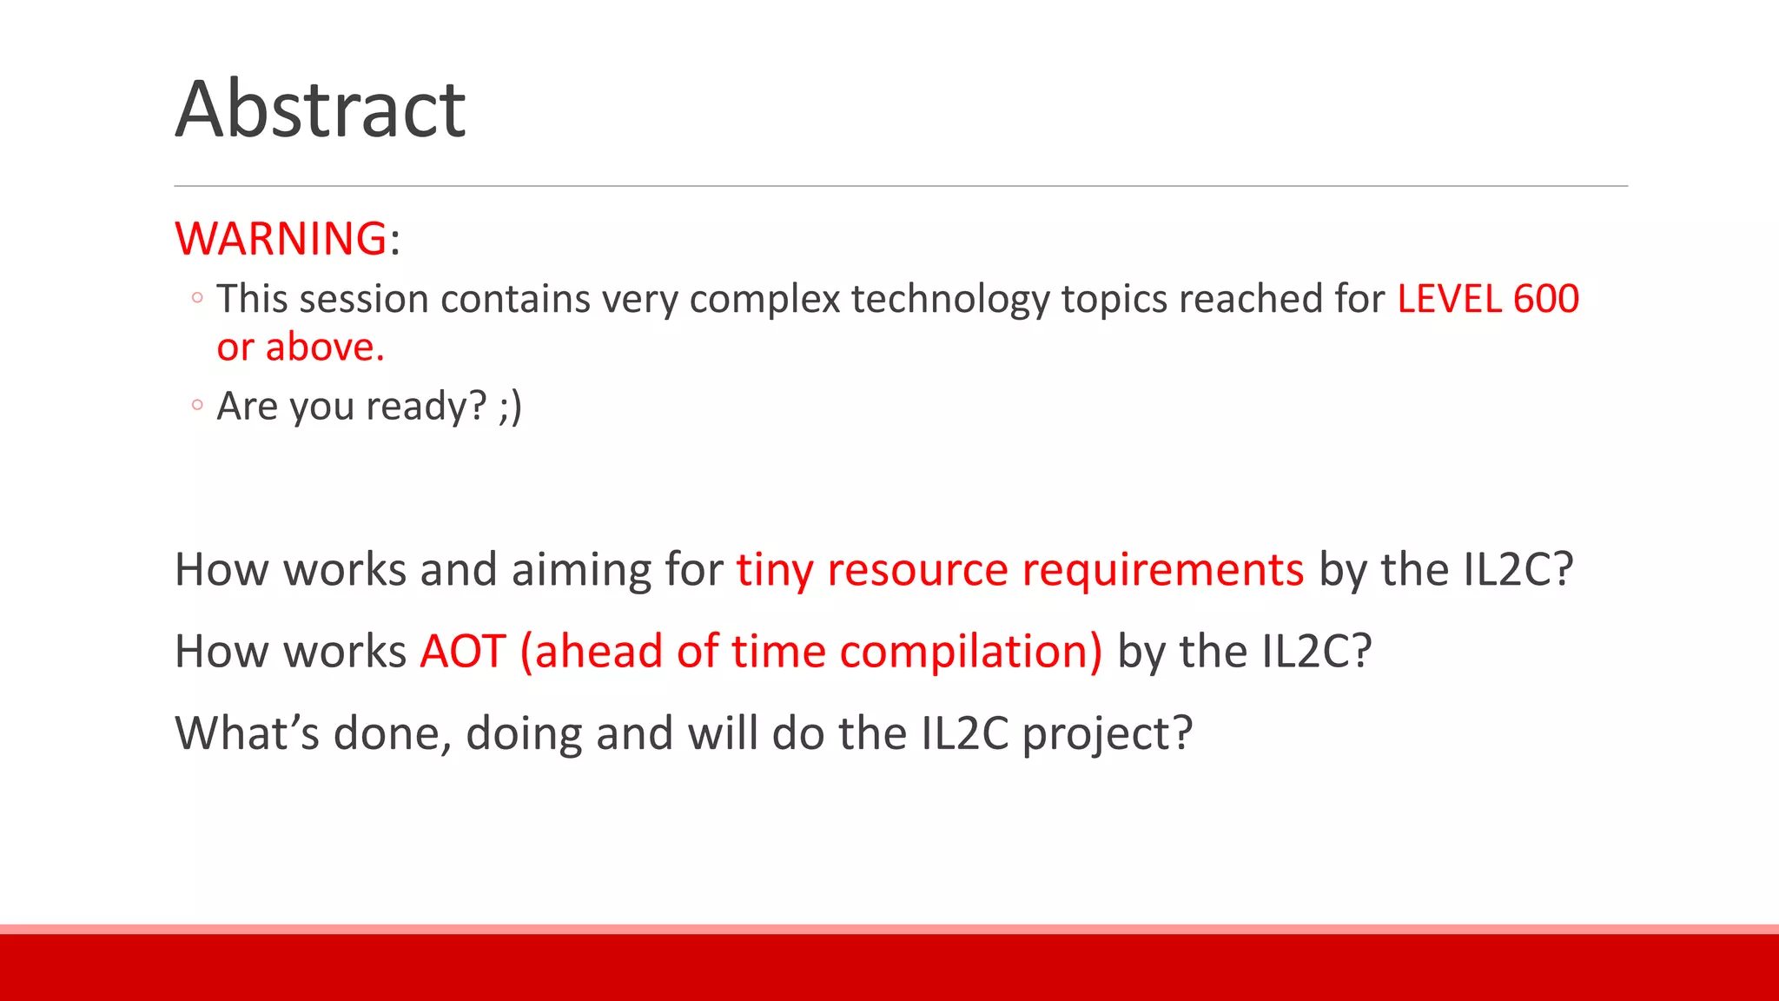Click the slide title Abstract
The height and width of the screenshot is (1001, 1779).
(320, 109)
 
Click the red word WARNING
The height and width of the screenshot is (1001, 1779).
(281, 238)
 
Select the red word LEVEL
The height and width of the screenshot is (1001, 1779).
(1449, 299)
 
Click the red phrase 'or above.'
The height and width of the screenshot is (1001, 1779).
(300, 348)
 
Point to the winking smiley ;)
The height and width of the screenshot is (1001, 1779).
(510, 406)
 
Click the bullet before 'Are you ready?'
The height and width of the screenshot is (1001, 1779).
(197, 405)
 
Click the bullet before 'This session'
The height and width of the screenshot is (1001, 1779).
(197, 298)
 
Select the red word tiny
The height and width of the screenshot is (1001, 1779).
(774, 571)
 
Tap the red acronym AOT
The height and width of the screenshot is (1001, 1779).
(462, 652)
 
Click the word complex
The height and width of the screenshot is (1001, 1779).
(764, 300)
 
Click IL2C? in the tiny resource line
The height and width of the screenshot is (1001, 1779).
(1518, 570)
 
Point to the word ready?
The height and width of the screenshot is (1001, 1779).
(426, 407)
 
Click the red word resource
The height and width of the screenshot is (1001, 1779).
(917, 571)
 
